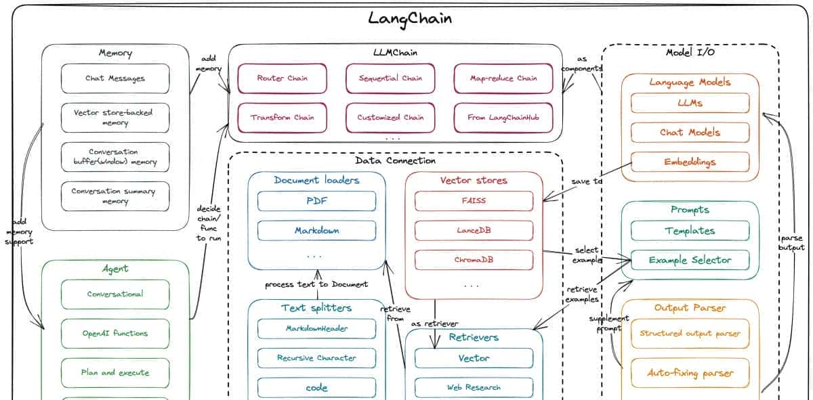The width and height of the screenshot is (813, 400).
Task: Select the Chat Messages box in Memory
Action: point(115,79)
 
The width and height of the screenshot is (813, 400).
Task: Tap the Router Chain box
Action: point(282,79)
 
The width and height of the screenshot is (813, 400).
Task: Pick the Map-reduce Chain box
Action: point(503,79)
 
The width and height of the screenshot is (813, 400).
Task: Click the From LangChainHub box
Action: point(503,118)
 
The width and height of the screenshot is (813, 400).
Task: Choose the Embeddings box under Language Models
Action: point(690,162)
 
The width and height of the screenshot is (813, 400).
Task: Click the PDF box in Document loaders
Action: point(316,201)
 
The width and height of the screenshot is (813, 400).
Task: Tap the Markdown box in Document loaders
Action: point(316,231)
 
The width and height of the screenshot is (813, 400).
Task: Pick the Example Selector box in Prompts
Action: point(690,260)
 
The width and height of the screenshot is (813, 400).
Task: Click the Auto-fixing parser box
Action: point(690,373)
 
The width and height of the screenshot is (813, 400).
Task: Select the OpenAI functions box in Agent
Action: point(115,334)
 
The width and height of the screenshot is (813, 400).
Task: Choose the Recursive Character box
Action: point(316,358)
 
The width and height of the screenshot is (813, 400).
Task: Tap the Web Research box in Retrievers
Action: point(474,388)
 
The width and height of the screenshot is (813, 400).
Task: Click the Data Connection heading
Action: point(395,161)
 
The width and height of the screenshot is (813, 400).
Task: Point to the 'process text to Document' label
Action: point(316,284)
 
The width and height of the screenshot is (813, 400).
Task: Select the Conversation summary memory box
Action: point(115,196)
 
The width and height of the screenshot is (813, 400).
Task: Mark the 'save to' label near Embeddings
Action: point(587,181)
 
